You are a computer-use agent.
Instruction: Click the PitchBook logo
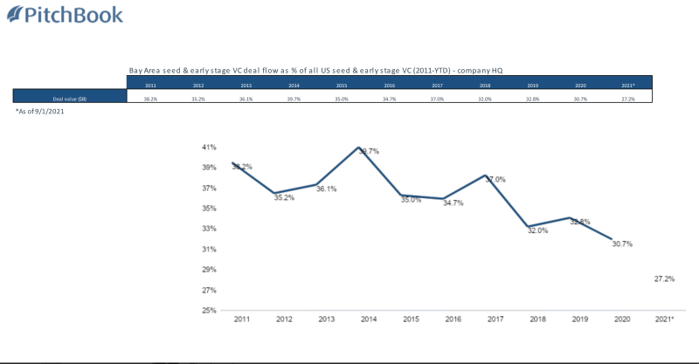click(62, 15)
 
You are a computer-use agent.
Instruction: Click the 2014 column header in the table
click(292, 86)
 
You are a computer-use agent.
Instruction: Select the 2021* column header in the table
click(626, 86)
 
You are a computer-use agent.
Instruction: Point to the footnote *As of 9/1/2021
click(42, 112)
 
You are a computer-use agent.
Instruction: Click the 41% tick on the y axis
click(210, 147)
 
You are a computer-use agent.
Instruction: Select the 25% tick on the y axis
click(210, 311)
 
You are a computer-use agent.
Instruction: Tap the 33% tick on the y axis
click(210, 229)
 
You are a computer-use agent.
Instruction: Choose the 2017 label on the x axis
click(495, 321)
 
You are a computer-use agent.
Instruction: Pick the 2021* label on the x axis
click(664, 321)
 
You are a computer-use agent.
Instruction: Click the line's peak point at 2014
click(359, 148)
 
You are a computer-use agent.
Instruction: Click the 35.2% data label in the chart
click(284, 198)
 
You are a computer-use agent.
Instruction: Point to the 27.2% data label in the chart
click(664, 278)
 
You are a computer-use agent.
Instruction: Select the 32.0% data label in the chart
click(537, 231)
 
